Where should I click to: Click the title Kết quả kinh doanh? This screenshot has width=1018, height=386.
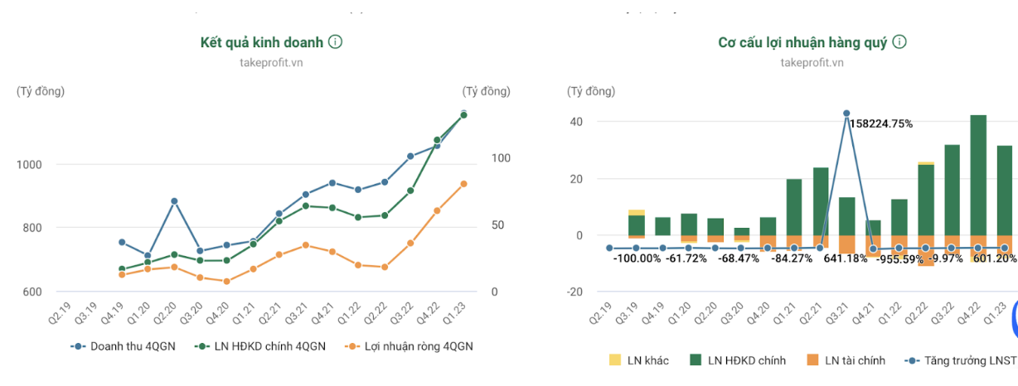[261, 42]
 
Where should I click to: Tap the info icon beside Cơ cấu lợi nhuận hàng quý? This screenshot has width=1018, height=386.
[899, 42]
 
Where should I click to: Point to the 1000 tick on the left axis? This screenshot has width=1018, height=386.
[27, 164]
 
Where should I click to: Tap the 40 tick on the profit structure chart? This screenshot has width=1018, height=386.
[575, 122]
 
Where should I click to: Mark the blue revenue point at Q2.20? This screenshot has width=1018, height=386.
[174, 200]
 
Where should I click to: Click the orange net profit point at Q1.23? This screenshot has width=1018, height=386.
[463, 184]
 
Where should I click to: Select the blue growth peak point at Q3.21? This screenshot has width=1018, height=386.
[846, 113]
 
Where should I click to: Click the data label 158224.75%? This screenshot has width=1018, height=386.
[880, 124]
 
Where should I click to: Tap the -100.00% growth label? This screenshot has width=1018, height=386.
[637, 258]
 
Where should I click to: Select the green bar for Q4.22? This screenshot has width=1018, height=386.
[978, 174]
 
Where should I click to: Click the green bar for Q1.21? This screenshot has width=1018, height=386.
[793, 207]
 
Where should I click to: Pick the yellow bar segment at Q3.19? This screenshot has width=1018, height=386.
[637, 212]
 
